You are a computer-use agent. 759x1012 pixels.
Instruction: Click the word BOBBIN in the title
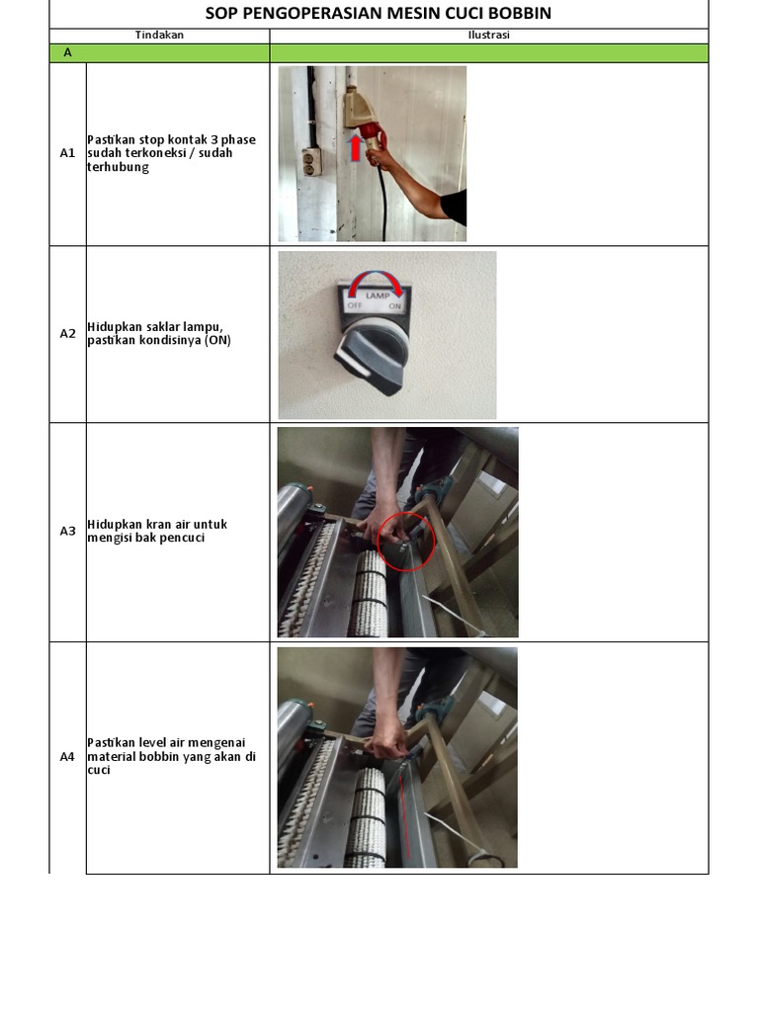click(515, 14)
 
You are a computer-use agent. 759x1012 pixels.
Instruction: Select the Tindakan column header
click(159, 36)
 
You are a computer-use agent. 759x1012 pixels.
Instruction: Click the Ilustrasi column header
click(488, 36)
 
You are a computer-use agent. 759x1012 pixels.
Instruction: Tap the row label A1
click(67, 153)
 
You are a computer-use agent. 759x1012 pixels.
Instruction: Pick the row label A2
click(67, 334)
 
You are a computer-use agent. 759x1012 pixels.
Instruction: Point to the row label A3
click(67, 531)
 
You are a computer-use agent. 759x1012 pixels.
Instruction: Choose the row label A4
click(67, 757)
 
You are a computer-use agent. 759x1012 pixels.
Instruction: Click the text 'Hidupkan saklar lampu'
click(148, 327)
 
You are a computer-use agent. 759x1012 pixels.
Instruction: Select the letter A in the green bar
click(67, 53)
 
